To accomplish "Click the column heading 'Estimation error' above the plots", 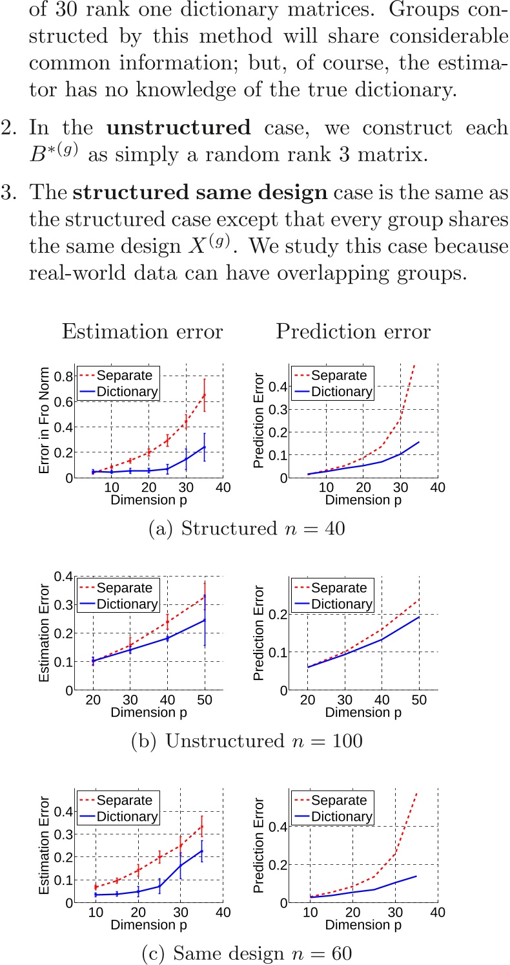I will [142, 332].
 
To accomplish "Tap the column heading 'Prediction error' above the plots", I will [352, 332].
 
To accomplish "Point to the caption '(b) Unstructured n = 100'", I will [247, 741].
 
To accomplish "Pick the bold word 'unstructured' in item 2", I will [179, 127].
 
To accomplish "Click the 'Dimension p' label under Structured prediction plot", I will [363, 500].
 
